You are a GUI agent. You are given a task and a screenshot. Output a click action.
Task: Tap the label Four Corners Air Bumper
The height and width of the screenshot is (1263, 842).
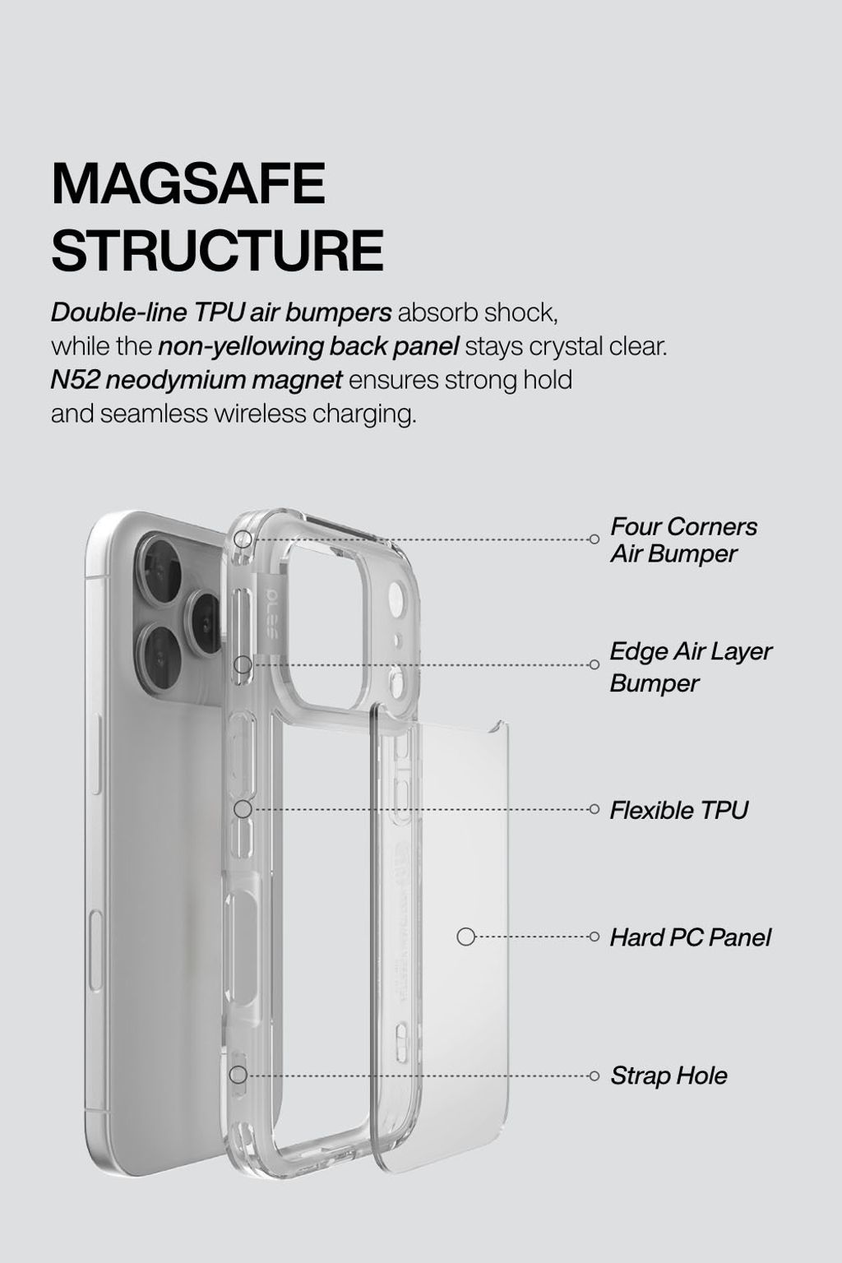pyautogui.click(x=683, y=539)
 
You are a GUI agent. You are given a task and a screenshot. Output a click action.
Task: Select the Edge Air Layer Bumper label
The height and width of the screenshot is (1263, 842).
pyautogui.click(x=690, y=666)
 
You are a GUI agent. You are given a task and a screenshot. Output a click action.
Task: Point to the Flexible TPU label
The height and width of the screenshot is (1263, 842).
pyautogui.click(x=678, y=810)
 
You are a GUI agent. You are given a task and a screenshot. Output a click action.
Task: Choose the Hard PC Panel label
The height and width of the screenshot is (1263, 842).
pyautogui.click(x=690, y=937)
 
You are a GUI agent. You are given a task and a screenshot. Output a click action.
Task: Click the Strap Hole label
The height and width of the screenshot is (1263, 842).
pyautogui.click(x=669, y=1076)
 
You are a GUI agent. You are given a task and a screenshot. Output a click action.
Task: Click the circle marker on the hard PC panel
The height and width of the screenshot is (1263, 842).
pyautogui.click(x=466, y=937)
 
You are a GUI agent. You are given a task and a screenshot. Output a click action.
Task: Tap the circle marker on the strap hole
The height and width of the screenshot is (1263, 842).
pyautogui.click(x=238, y=1075)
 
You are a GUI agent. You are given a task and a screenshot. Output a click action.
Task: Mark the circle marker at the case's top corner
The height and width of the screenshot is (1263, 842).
pyautogui.click(x=243, y=539)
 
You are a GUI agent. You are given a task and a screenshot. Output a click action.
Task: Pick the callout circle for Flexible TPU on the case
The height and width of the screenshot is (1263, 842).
pyautogui.click(x=243, y=809)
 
